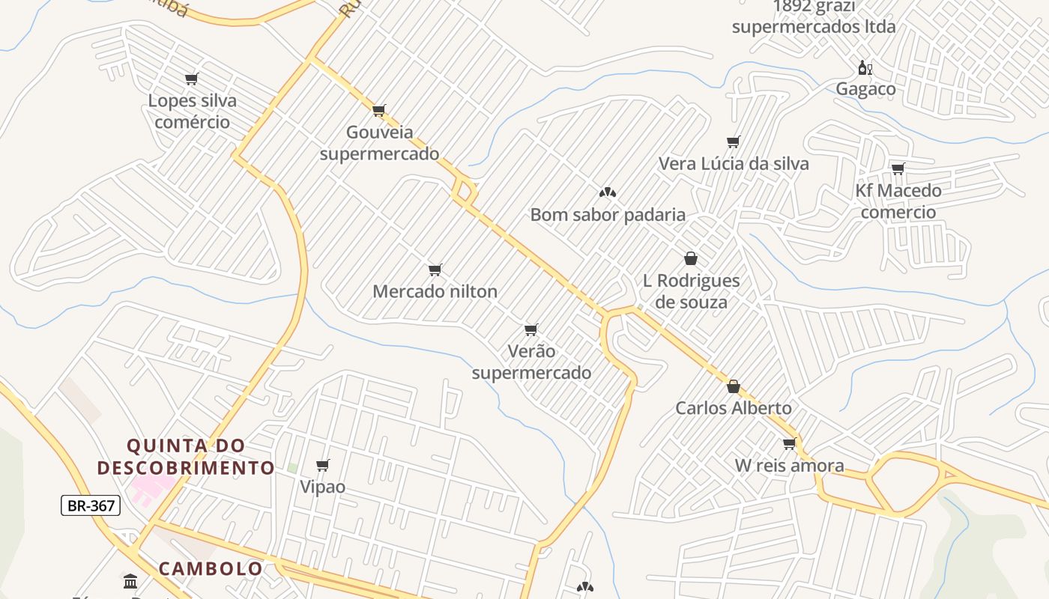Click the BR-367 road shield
pyautogui.click(x=91, y=505)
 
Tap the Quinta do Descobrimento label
pyautogui.click(x=186, y=457)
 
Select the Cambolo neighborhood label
pyautogui.click(x=211, y=568)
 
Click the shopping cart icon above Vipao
pyautogui.click(x=323, y=466)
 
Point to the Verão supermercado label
pyautogui.click(x=531, y=362)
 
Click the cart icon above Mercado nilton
pyautogui.click(x=435, y=270)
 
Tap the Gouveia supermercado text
pyautogui.click(x=379, y=142)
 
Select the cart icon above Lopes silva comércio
pyautogui.click(x=191, y=79)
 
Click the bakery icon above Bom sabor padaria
pyautogui.click(x=608, y=192)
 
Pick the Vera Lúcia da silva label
pyautogui.click(x=734, y=163)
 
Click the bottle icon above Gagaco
pyautogui.click(x=865, y=68)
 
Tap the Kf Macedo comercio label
pyautogui.click(x=898, y=201)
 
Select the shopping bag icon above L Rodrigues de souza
pyautogui.click(x=691, y=258)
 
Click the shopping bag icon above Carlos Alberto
pyautogui.click(x=734, y=386)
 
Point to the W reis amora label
pyautogui.click(x=789, y=465)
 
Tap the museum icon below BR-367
pyautogui.click(x=130, y=581)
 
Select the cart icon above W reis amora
pyautogui.click(x=789, y=444)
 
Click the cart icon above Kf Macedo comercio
pyautogui.click(x=898, y=168)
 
